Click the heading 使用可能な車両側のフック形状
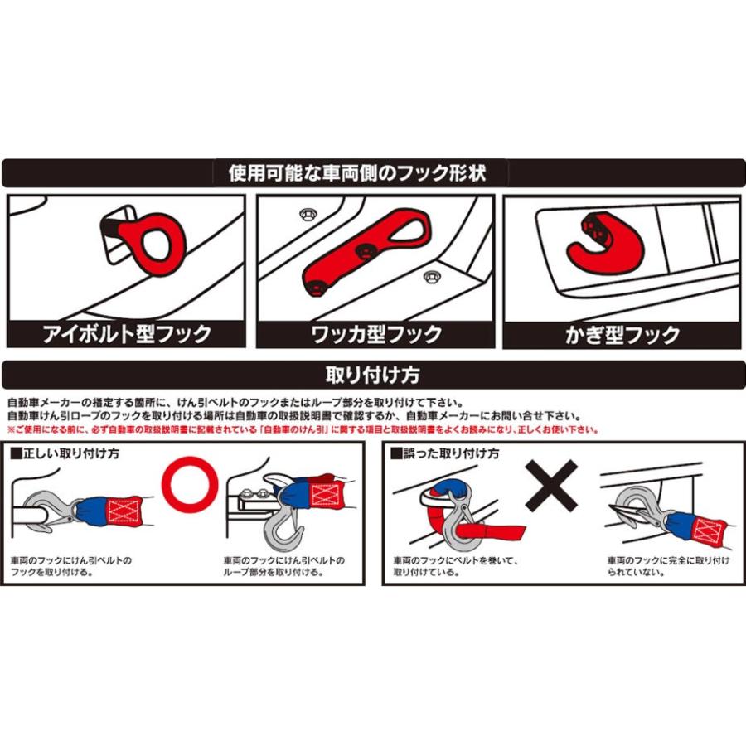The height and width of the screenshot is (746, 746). click(356, 172)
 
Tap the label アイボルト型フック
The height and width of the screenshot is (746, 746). click(127, 333)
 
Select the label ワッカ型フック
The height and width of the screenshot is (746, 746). click(376, 334)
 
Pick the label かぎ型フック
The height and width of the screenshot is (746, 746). click(622, 335)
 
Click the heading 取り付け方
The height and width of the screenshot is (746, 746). click(372, 375)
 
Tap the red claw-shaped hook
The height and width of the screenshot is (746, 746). click(605, 244)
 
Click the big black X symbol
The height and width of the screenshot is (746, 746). click(551, 486)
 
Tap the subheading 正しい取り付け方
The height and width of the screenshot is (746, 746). click(65, 453)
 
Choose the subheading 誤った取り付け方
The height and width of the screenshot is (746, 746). click(445, 453)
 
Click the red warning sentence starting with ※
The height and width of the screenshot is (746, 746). click(303, 429)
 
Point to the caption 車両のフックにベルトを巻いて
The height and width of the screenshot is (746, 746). click(456, 560)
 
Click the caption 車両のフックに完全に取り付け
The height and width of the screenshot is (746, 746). click(668, 560)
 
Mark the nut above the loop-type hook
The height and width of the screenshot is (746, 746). click(308, 215)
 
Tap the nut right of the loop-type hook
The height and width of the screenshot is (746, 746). click(430, 276)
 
